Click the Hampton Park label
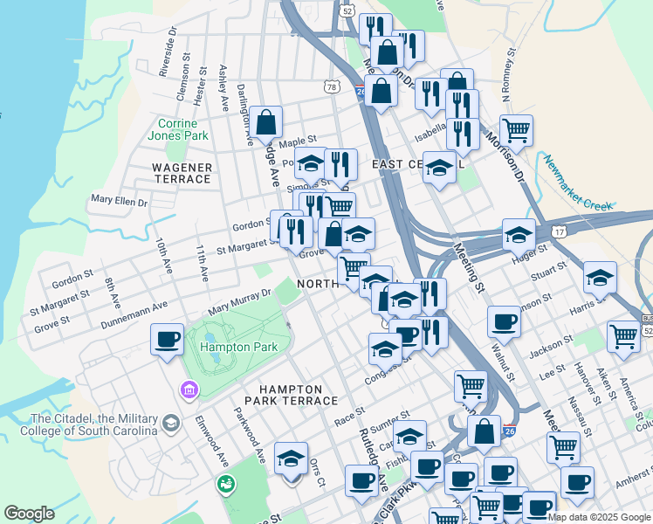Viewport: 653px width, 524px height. point(238,347)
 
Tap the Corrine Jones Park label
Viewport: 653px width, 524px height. point(183,129)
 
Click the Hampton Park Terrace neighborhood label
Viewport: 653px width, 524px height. point(297,395)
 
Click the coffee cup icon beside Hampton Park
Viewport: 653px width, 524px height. point(167,341)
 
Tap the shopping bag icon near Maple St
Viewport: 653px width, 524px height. point(267,122)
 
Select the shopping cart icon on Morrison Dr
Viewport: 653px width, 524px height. point(517,131)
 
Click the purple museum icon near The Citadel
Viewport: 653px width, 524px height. point(187,388)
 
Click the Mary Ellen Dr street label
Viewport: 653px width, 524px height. point(120,202)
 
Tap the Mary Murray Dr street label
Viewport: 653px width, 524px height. point(239,303)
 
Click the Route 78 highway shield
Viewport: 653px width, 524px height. point(331,86)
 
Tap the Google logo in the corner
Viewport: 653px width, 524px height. point(29,514)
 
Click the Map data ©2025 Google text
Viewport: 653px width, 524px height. point(599,517)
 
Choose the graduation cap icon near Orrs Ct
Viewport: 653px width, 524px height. point(292,458)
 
